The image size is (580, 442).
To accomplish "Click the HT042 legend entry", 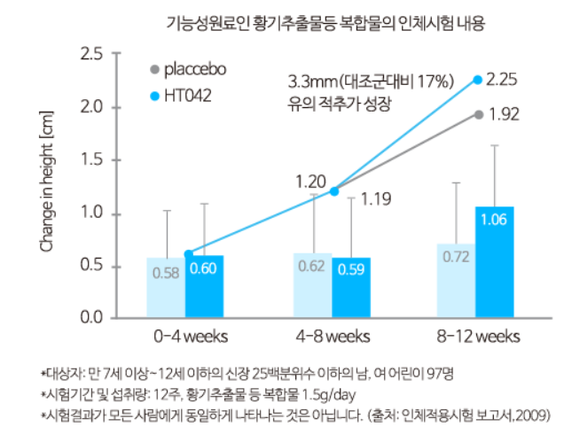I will (187, 94).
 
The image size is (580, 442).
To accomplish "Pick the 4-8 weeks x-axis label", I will (333, 337).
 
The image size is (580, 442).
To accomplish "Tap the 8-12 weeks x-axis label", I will (480, 337).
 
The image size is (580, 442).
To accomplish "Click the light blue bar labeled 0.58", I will (166, 286).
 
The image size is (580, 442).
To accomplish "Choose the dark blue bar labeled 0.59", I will (351, 286).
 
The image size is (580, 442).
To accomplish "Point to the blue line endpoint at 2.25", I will (477, 80).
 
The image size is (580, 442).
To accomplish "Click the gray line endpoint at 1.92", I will (478, 114).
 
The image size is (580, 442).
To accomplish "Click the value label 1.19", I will (376, 199).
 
